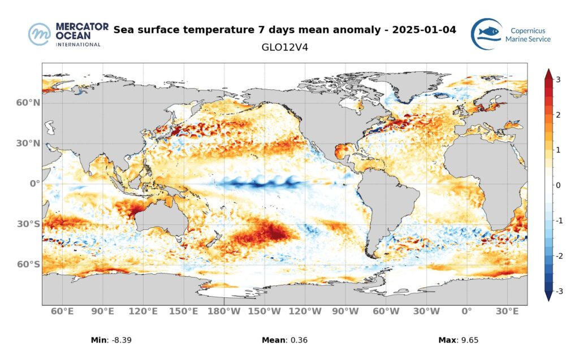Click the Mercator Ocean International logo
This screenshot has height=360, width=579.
click(x=64, y=34)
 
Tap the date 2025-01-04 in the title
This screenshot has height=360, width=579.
click(x=425, y=29)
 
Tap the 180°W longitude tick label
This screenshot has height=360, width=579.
click(x=224, y=311)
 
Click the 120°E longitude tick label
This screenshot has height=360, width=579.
click(x=143, y=311)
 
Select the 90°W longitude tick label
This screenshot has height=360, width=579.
click(x=345, y=311)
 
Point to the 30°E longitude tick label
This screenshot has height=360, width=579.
click(x=507, y=311)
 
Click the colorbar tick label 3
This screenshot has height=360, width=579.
click(x=558, y=80)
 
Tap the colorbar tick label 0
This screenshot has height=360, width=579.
click(x=558, y=185)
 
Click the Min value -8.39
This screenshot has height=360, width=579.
click(x=123, y=340)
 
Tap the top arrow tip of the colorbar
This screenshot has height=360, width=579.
click(x=548, y=70)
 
